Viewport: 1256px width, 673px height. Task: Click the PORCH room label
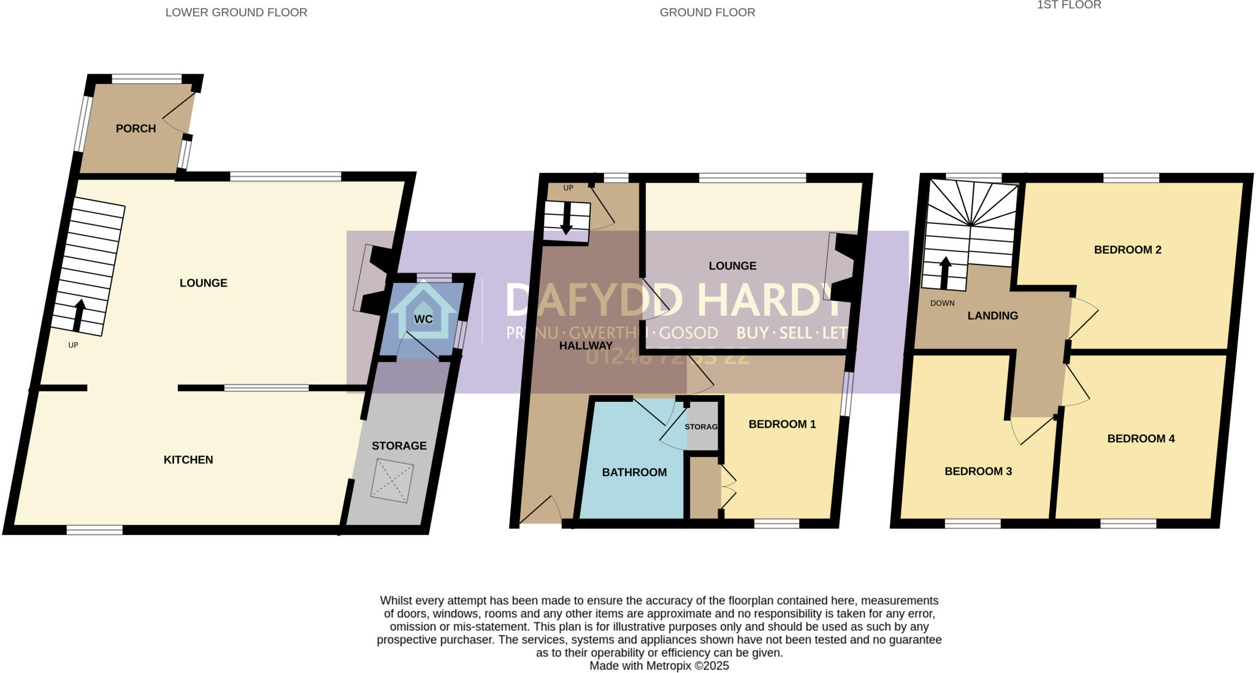pos(136,128)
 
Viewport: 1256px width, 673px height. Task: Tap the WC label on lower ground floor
pos(423,319)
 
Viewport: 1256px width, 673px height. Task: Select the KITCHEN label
pos(188,460)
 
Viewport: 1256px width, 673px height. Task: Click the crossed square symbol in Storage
pos(392,480)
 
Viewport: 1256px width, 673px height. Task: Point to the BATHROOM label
pos(634,472)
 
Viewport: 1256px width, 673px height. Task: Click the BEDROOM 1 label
pos(782,424)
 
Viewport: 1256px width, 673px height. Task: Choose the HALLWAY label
pos(586,345)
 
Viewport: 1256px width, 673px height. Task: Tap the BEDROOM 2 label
pos(1127,250)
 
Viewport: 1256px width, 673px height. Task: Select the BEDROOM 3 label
pos(978,471)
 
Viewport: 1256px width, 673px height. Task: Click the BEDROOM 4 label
pos(1141,438)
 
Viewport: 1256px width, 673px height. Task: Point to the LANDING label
pos(992,315)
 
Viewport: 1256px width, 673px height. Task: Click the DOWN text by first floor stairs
pos(942,303)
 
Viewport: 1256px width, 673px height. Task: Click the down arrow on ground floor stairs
pos(566,218)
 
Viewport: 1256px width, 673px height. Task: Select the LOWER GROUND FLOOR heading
pos(236,12)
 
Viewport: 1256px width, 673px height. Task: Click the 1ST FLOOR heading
pos(1068,6)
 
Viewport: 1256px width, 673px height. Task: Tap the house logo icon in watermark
pos(423,310)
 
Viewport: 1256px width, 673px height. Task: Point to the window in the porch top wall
pos(147,79)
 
